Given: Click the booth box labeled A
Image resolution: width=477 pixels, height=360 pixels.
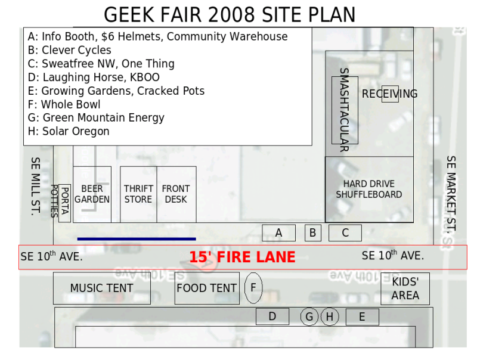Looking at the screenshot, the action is pyautogui.click(x=278, y=233).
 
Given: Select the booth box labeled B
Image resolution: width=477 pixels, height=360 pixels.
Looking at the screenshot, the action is pyautogui.click(x=312, y=233).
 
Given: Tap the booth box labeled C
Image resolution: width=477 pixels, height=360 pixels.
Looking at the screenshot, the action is pyautogui.click(x=345, y=233).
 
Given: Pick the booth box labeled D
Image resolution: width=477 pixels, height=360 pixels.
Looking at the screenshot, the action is pyautogui.click(x=272, y=316).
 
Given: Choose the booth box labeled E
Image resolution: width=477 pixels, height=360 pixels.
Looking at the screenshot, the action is pyautogui.click(x=363, y=317).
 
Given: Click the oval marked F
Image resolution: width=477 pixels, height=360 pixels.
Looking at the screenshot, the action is pyautogui.click(x=253, y=288).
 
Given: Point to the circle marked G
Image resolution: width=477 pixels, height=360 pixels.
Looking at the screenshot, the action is pyautogui.click(x=309, y=316).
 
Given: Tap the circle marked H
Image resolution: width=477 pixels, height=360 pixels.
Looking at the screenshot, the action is pyautogui.click(x=330, y=316).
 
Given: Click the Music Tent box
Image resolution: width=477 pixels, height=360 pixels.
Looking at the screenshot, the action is pyautogui.click(x=102, y=288).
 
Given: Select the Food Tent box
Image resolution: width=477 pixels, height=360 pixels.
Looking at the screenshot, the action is pyautogui.click(x=207, y=288).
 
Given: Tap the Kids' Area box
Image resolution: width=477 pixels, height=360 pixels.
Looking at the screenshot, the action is pyautogui.click(x=405, y=288).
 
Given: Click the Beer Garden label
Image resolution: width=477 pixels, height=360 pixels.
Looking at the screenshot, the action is pyautogui.click(x=92, y=194).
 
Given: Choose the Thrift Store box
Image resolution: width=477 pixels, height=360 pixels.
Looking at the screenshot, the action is pyautogui.click(x=138, y=194).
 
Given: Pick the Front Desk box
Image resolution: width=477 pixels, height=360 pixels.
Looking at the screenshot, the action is pyautogui.click(x=176, y=194).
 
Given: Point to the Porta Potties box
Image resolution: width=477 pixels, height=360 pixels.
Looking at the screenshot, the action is pyautogui.click(x=64, y=203).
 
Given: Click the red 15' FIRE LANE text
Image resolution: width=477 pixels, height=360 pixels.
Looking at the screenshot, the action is pyautogui.click(x=242, y=257).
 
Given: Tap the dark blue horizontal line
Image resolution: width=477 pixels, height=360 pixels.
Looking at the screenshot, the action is pyautogui.click(x=137, y=239).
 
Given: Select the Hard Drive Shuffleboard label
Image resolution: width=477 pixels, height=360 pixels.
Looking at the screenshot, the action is pyautogui.click(x=369, y=189).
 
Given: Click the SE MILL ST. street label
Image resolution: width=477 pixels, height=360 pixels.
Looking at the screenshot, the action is pyautogui.click(x=36, y=187).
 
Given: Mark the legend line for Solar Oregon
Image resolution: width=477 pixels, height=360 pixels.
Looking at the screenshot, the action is pyautogui.click(x=69, y=131).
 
